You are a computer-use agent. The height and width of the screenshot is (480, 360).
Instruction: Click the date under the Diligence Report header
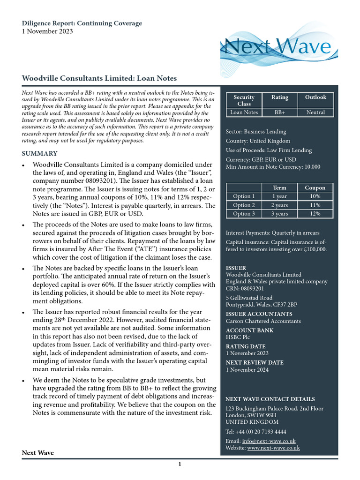(47, 31)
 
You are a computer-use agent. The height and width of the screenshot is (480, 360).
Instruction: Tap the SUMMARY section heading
(40, 153)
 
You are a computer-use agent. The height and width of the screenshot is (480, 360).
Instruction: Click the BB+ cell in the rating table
(280, 112)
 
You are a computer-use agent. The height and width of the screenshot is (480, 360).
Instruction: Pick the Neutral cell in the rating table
(315, 112)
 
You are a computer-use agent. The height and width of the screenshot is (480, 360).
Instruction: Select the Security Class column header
(244, 100)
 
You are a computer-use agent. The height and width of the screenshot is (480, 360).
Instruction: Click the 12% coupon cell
(315, 214)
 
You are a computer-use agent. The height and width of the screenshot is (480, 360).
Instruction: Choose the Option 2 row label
(244, 205)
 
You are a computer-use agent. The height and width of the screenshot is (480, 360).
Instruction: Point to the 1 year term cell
(279, 196)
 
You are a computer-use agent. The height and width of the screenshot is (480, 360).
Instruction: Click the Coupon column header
(315, 187)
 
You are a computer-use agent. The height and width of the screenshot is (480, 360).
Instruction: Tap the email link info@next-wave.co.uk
(269, 441)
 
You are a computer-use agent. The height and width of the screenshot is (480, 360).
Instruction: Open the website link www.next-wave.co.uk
(273, 448)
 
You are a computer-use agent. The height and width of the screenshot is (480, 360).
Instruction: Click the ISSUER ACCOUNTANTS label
(259, 314)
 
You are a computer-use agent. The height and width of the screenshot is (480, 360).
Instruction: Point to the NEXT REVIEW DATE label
(255, 363)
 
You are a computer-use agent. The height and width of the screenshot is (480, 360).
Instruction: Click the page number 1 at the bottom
(179, 465)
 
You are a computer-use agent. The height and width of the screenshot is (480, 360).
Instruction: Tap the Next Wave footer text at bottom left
(38, 453)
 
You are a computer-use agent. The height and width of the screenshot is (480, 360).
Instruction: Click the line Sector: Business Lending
(256, 132)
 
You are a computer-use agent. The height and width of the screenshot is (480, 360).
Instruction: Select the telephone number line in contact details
(256, 432)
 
